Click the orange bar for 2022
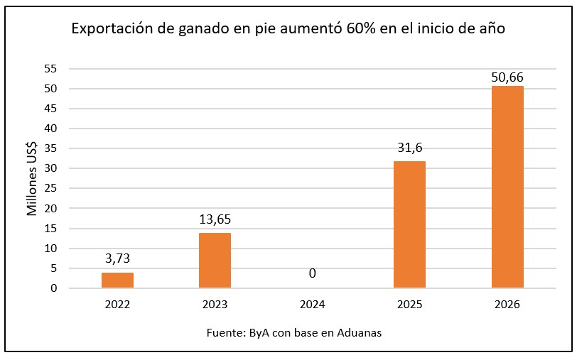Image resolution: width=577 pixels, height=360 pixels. point(117,280)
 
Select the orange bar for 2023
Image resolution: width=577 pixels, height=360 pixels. point(215,260)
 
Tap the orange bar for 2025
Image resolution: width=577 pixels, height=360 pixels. point(409,224)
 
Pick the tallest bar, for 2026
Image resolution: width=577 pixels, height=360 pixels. point(507,187)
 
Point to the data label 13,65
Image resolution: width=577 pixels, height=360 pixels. point(215,219)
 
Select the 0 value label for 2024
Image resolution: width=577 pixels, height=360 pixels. point(312,273)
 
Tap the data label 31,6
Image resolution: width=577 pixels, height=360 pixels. point(409,148)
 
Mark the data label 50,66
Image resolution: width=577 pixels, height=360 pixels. point(507,77)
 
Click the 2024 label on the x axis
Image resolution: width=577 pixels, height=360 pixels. point(312,305)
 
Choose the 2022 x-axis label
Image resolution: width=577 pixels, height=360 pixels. point(117,305)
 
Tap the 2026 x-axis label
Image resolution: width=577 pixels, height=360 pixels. point(507,305)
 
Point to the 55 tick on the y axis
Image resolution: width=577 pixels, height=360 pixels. point(50,69)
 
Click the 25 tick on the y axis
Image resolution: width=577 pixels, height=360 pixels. point(50,189)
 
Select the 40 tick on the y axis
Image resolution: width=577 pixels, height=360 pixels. point(50,129)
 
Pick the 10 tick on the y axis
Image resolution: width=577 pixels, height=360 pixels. point(50,249)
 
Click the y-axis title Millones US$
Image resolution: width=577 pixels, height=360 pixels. point(32,178)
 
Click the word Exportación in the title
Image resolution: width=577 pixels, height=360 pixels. point(111,30)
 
